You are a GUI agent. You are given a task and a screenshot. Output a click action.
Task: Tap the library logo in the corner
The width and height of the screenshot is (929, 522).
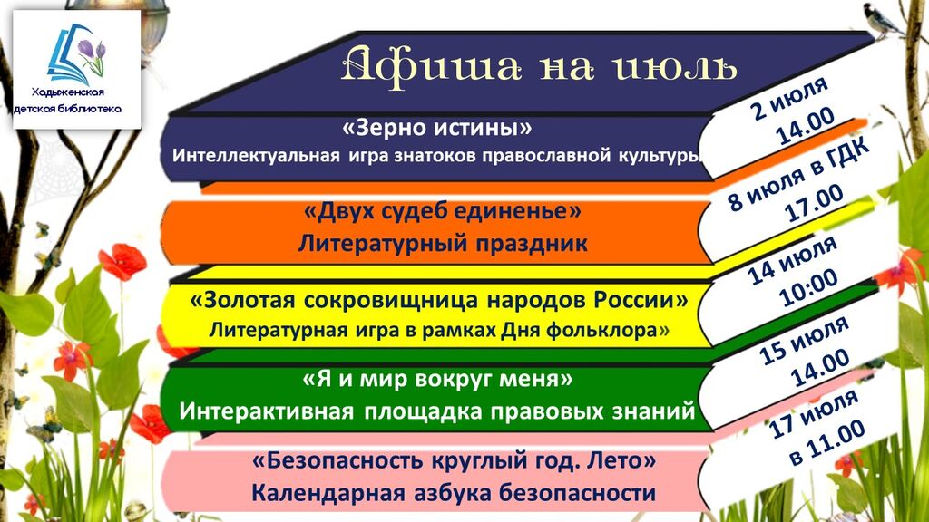76,69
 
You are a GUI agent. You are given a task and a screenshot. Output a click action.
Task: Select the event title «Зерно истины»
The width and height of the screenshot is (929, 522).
437,127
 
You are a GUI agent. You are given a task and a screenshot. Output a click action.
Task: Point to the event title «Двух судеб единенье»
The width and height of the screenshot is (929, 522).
442,210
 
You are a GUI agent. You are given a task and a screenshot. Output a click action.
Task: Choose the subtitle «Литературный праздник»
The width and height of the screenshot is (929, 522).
443,243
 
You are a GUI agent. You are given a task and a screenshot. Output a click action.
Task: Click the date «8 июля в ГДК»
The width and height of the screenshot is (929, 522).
798,174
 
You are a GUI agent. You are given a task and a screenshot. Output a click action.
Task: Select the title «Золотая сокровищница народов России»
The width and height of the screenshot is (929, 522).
438,300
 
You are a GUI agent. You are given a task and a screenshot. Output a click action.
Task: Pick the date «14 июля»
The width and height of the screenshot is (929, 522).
792,260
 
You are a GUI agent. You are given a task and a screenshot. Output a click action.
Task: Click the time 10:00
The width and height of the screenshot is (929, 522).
808,288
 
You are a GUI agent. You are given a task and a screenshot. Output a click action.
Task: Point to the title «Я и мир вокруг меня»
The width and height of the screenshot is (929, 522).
438,379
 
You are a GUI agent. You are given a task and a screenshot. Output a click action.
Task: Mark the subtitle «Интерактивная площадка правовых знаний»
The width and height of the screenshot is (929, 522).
436,411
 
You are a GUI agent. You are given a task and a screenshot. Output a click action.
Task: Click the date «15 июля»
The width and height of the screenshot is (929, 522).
804,341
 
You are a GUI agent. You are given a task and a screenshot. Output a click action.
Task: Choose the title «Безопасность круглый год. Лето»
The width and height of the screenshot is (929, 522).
454,460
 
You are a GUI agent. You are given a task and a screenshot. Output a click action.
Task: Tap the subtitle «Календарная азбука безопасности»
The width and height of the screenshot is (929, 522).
454,493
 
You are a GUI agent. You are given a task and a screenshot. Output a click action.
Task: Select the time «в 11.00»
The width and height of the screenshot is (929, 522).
827,441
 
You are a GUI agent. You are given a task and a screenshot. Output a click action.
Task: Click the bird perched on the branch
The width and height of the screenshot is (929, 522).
882,20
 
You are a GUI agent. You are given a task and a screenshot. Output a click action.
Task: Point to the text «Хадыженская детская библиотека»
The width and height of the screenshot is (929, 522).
67,100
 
